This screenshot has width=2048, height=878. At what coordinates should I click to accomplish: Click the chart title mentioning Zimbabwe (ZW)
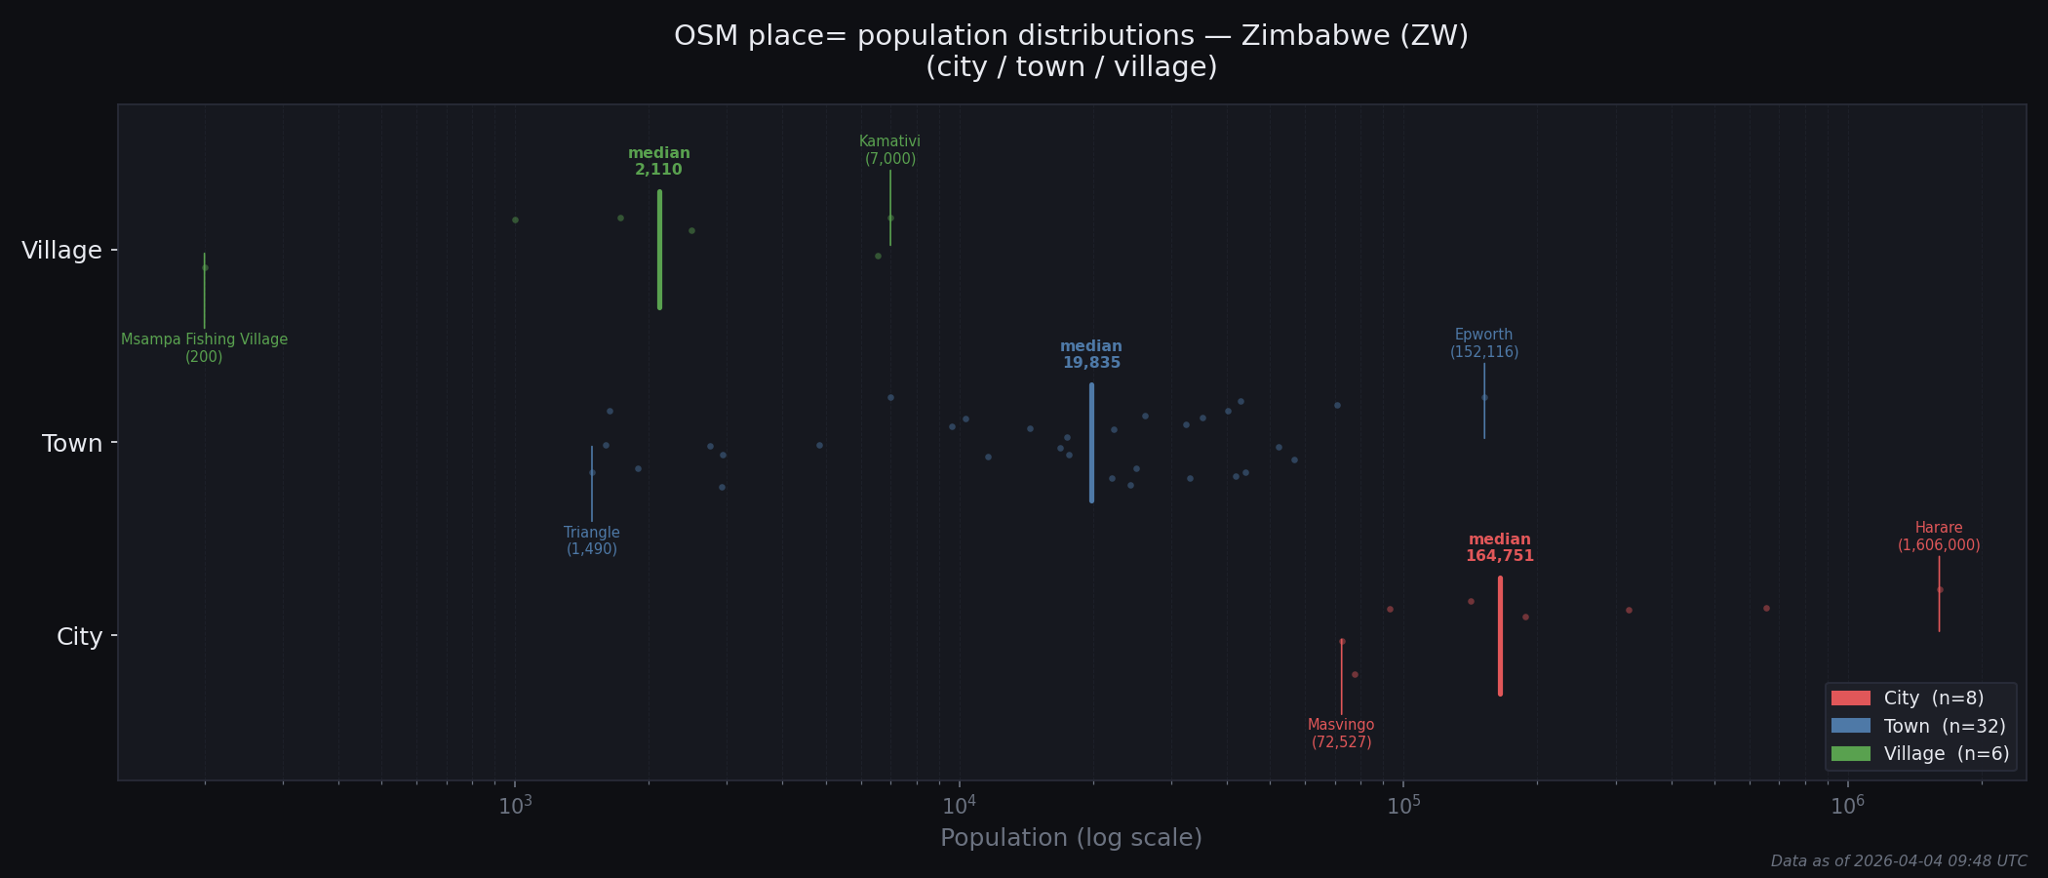pos(1071,51)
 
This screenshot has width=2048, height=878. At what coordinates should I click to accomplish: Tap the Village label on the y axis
pos(61,251)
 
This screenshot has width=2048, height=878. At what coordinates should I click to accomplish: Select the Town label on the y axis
pos(72,444)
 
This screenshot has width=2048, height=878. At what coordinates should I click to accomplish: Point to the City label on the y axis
pos(79,637)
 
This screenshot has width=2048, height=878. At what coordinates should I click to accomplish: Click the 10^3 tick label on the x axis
pos(515,805)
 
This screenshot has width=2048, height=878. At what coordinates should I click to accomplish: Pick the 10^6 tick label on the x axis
pos(1846,805)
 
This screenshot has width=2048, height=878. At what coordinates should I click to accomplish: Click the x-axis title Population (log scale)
pos(1071,838)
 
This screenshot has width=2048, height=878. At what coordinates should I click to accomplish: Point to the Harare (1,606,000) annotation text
pos(1939,537)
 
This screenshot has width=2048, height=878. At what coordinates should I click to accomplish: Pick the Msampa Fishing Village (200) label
pos(204,348)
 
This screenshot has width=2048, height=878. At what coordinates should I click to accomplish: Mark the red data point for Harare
pos(1940,589)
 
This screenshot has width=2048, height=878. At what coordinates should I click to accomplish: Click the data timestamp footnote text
pos(1899,861)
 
